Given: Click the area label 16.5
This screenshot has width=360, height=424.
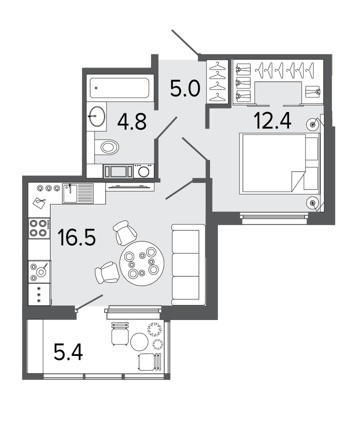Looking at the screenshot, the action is click(76, 237).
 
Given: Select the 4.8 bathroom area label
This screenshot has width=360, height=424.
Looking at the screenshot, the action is click(132, 121).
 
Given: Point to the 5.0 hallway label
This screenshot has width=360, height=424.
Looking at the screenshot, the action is click(185, 88).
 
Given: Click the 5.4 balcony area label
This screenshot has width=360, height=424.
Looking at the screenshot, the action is click(68, 352).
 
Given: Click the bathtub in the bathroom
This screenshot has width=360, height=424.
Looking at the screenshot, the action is click(119, 88).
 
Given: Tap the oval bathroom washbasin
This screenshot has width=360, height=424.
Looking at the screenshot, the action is click(97, 116).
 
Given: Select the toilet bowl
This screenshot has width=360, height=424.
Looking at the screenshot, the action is click(107, 147).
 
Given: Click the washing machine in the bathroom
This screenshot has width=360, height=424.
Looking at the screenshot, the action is click(143, 171).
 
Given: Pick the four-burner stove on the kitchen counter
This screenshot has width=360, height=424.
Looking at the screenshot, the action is click(39, 228).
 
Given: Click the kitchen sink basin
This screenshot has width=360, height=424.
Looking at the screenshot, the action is click(70, 193).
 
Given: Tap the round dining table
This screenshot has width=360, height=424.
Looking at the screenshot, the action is click(141, 263).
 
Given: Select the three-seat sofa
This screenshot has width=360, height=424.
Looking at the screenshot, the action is click(188, 264).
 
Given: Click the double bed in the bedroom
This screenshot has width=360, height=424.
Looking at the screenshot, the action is click(279, 164).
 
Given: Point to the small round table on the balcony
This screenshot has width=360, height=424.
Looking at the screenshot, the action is click(139, 342).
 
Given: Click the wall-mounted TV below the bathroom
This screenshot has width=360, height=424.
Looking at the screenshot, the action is click(130, 186).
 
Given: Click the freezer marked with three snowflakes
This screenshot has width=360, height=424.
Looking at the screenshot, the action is click(39, 294).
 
